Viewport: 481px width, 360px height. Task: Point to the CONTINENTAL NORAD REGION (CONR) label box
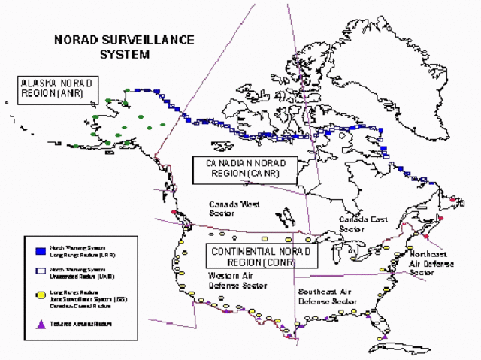262,256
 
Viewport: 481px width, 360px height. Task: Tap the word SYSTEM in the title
125,54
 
